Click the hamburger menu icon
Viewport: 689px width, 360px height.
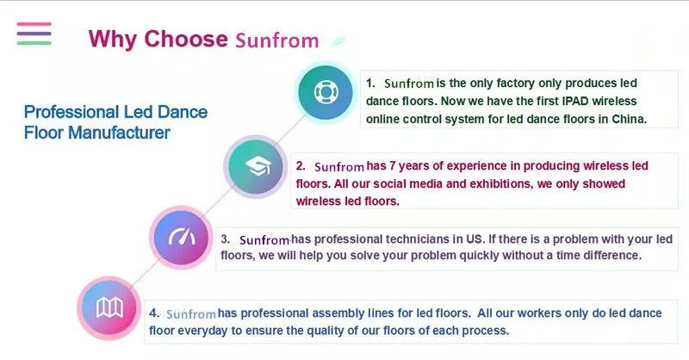pos(34,34)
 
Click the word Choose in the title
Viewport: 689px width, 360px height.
pos(186,39)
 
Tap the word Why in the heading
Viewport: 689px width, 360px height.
pos(113,39)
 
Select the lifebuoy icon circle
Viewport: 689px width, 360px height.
pos(326,92)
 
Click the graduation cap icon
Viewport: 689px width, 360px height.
pos(258,166)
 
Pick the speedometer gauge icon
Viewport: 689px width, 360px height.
pos(182,238)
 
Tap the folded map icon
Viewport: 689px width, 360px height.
pos(109,307)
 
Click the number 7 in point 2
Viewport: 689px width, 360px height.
pos(393,166)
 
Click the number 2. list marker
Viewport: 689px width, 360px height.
pos(301,165)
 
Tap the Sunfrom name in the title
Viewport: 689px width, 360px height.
pos(276,40)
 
